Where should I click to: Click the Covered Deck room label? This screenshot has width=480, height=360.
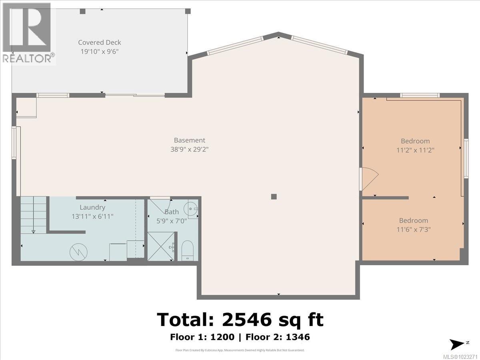(99, 42)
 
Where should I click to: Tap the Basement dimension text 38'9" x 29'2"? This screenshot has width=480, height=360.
(189, 149)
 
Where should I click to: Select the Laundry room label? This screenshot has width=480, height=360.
(92, 207)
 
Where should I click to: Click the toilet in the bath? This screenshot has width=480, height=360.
(187, 250)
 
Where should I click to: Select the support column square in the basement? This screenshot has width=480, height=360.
(274, 196)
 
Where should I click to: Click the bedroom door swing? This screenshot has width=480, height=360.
(369, 178)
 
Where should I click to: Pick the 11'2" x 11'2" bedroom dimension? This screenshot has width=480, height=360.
(415, 150)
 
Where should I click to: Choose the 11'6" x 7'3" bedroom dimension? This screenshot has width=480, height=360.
(413, 230)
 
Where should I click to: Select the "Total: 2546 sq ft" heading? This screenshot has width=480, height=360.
(240, 320)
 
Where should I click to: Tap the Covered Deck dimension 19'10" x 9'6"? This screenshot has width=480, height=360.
(99, 51)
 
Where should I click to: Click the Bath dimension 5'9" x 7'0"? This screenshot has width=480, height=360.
(169, 220)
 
